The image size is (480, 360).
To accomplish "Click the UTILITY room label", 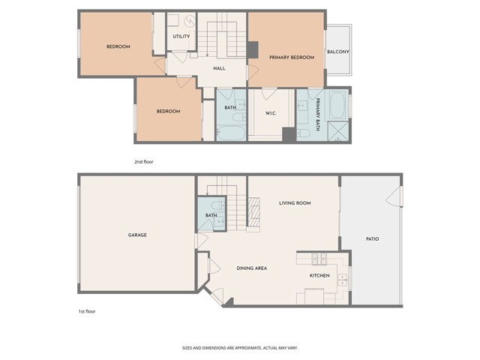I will pyautogui.click(x=181, y=36).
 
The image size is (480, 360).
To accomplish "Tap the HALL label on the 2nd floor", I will pyautogui.click(x=219, y=68).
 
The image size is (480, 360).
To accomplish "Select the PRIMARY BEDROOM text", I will pyautogui.click(x=291, y=57).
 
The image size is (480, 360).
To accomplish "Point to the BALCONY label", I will pyautogui.click(x=337, y=52).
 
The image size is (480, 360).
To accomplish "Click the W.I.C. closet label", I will pyautogui.click(x=271, y=113).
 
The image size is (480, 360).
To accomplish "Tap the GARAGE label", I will pyautogui.click(x=137, y=235).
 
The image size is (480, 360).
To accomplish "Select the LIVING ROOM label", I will pyautogui.click(x=295, y=202).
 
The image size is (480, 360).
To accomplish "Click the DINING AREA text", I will pyautogui.click(x=252, y=268).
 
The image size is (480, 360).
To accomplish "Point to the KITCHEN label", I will pyautogui.click(x=319, y=275).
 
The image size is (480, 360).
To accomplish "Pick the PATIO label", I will pyautogui.click(x=372, y=238).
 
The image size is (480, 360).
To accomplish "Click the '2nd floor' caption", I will pyautogui.click(x=143, y=161).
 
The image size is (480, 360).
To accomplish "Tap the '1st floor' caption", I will pyautogui.click(x=86, y=311).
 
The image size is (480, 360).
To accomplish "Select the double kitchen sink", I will pyautogui.click(x=342, y=281).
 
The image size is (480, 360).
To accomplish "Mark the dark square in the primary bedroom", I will pyautogui.click(x=253, y=49).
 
